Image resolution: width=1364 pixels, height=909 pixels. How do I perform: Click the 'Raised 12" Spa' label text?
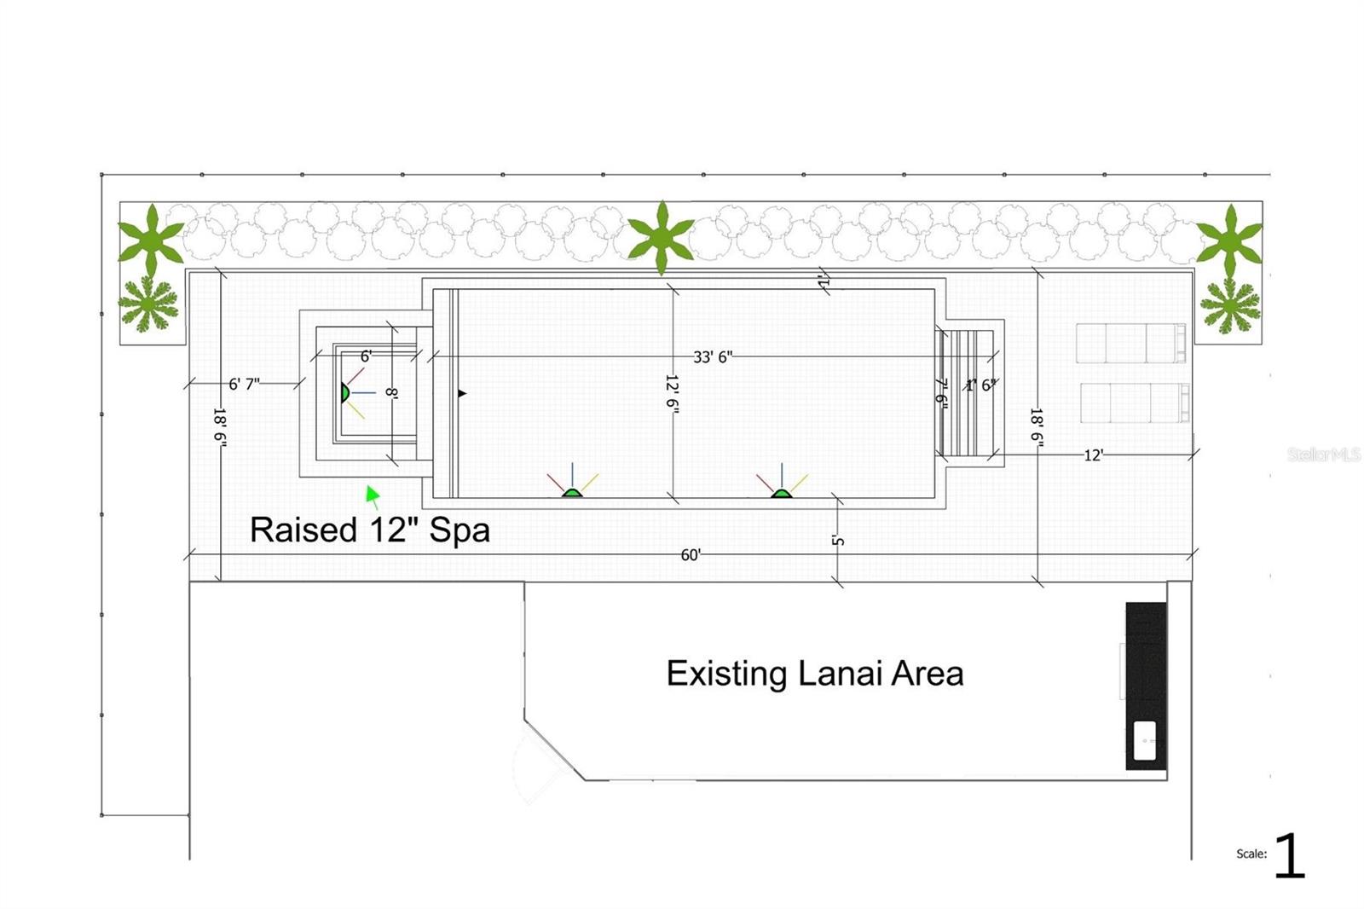(369, 530)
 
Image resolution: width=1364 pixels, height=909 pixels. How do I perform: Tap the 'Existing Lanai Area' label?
(814, 674)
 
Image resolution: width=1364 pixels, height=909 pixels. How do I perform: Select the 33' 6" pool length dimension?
(712, 356)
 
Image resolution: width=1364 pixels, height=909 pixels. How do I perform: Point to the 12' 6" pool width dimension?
(672, 394)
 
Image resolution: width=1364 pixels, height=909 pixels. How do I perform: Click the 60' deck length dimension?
(691, 555)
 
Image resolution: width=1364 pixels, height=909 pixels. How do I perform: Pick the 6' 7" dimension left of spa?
(244, 384)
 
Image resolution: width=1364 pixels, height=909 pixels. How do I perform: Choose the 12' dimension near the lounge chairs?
(1094, 455)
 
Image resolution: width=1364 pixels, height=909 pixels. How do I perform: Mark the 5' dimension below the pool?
(838, 541)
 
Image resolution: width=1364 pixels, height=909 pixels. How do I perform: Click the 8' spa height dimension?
(391, 392)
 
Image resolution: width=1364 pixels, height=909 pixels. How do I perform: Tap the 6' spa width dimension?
(366, 356)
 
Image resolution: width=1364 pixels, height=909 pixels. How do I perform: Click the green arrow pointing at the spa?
(373, 495)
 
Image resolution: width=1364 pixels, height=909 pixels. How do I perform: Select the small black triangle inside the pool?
(462, 393)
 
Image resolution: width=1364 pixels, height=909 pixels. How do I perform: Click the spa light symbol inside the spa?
(344, 392)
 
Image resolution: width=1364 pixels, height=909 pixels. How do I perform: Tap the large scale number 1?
(1289, 855)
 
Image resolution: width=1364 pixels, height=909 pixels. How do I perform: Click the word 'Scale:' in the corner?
(1251, 854)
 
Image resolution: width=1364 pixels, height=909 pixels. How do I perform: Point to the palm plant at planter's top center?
(661, 236)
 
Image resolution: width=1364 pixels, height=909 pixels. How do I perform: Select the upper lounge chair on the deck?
(1130, 343)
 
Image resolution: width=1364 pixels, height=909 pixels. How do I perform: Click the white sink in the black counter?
(1145, 741)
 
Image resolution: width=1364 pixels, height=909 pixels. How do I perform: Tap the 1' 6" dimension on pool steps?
(980, 385)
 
